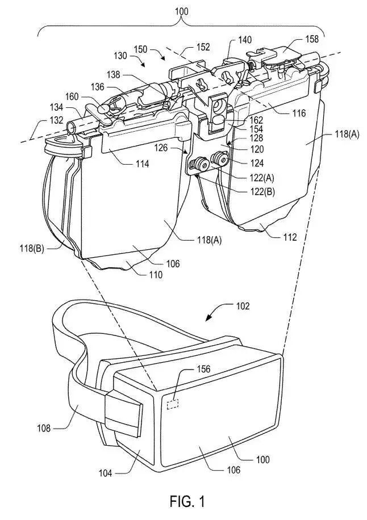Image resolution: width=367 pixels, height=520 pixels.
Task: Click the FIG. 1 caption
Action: click(187, 501)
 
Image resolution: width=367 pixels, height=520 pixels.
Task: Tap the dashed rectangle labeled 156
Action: click(173, 404)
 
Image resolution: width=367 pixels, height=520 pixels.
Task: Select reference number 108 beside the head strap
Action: click(44, 429)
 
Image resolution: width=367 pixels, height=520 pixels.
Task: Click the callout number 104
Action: click(105, 473)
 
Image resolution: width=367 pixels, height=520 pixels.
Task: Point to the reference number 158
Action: click(311, 39)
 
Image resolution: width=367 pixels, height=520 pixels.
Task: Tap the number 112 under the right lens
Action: click(289, 237)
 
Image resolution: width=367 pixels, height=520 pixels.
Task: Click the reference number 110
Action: click(156, 275)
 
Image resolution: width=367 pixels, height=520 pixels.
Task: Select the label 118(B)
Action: click(32, 249)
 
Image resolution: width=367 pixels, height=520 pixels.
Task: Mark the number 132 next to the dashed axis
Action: click(56, 120)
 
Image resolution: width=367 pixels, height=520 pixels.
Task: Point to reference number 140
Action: click(245, 40)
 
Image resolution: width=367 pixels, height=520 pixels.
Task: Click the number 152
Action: click(203, 47)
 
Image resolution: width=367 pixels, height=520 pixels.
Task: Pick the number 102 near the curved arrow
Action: click(243, 305)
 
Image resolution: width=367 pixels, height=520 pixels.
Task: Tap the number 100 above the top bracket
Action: click(181, 11)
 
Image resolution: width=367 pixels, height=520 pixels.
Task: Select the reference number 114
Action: click(142, 163)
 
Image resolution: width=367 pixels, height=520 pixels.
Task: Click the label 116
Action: click(299, 114)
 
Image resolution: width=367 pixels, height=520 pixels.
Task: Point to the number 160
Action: click(72, 97)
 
